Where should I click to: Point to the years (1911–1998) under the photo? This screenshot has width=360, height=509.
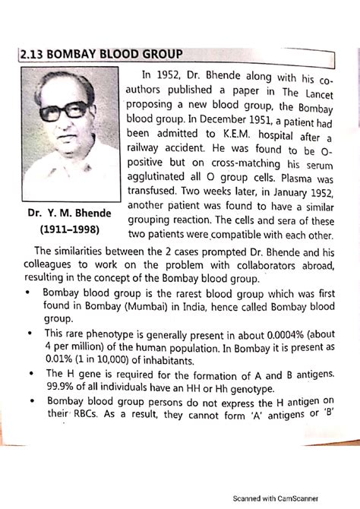coord(68,229)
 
